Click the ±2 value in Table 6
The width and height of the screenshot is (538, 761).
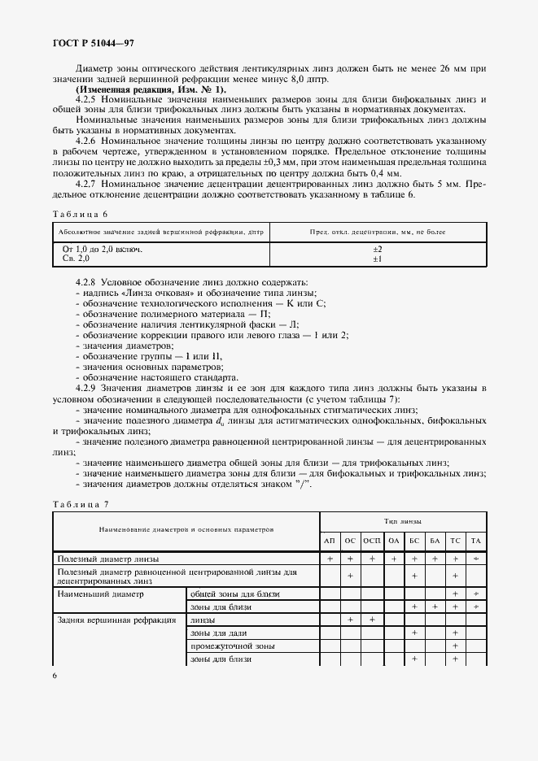point(378,248)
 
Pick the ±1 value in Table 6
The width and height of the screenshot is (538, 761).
point(378,258)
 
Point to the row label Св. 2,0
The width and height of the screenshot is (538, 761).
point(77,258)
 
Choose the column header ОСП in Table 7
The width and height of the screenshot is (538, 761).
point(372,541)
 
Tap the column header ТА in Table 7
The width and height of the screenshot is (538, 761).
point(476,541)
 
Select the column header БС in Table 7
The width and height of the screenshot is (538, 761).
point(413,541)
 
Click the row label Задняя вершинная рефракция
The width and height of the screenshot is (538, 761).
point(116,620)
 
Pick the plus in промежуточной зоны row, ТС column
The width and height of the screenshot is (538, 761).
point(455,646)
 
